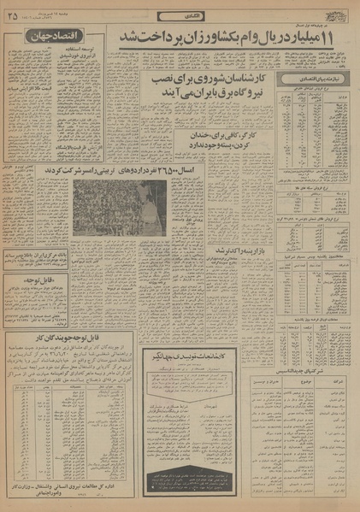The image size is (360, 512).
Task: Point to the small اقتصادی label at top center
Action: tap(192, 14)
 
